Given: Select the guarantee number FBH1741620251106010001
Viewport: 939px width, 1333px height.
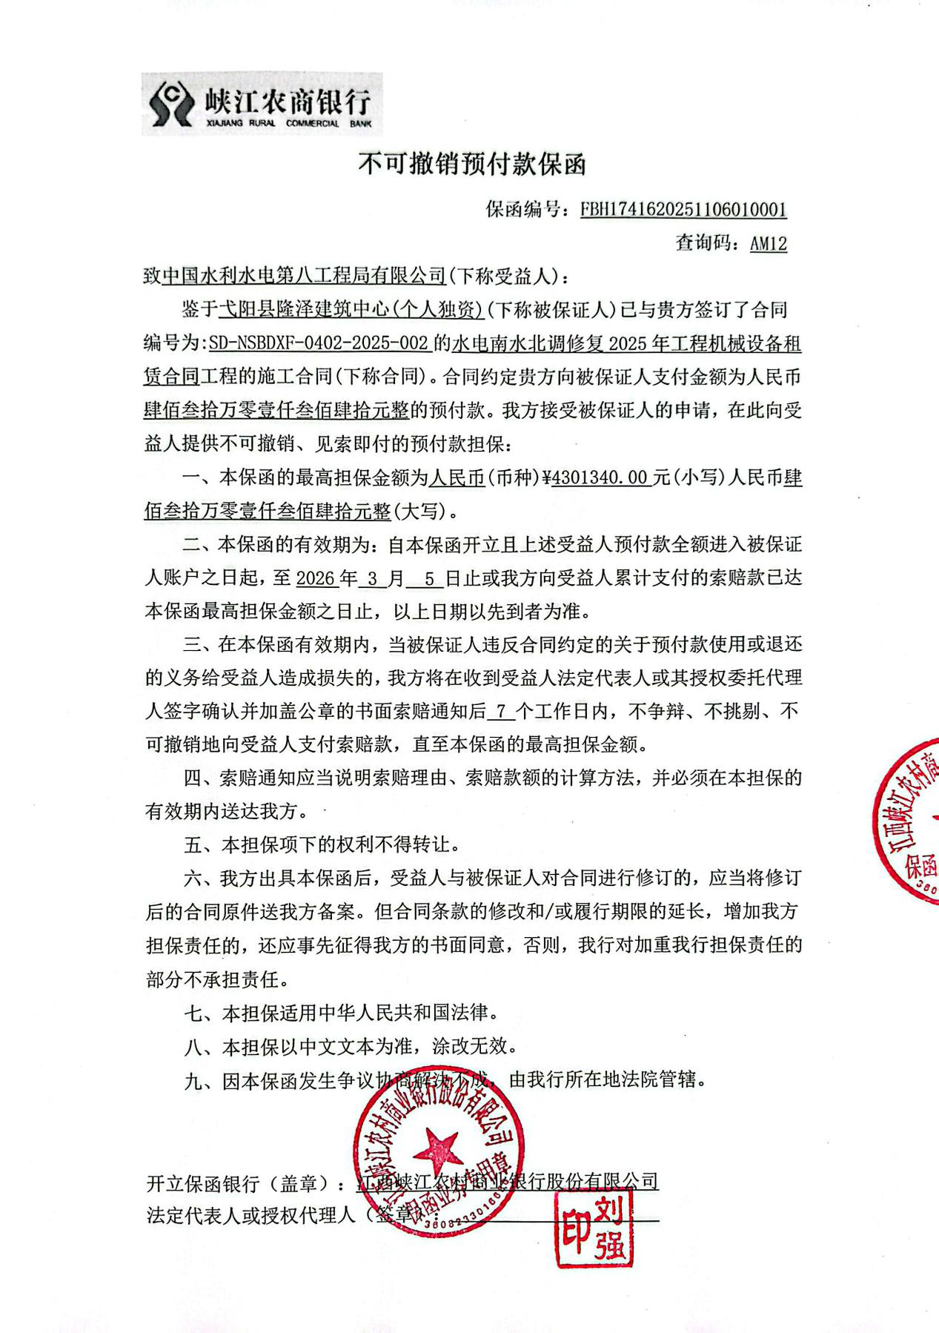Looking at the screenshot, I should [683, 210].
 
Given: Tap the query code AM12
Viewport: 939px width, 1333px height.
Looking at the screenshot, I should [768, 243].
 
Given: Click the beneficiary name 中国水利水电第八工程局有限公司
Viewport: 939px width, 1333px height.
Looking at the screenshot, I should [304, 277].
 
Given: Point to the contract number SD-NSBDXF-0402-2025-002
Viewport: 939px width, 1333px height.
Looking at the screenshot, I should [319, 343].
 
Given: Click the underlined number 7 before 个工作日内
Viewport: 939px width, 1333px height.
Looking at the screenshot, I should [501, 712].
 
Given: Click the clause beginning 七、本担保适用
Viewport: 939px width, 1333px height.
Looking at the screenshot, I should [341, 1013].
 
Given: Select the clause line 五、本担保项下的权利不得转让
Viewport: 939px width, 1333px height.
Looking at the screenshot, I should [323, 844].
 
